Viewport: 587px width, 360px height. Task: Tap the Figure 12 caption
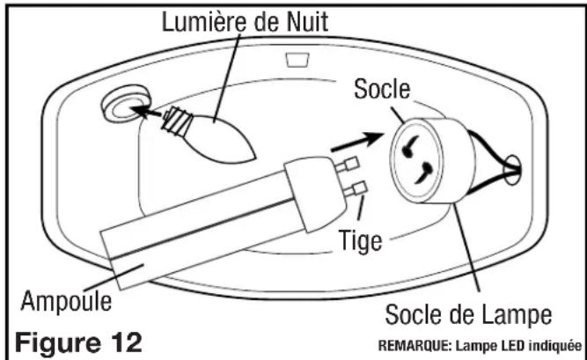coord(77,340)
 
